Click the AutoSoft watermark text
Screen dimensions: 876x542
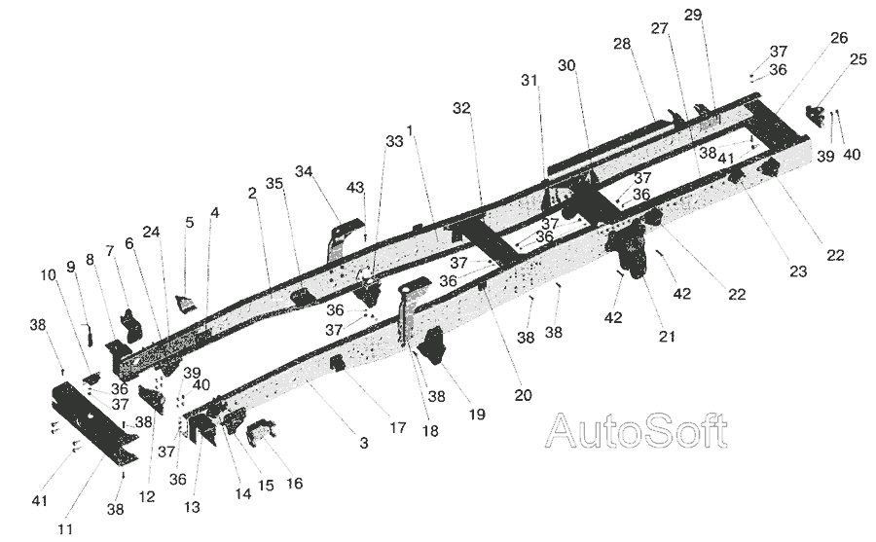click(x=637, y=431)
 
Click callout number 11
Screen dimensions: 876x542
click(x=65, y=528)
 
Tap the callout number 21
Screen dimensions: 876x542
click(x=667, y=336)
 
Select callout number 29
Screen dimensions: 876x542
click(x=693, y=15)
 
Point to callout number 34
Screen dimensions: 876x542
click(x=304, y=171)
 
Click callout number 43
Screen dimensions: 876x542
click(x=355, y=188)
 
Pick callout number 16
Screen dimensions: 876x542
click(x=294, y=483)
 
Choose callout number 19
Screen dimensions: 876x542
click(x=477, y=415)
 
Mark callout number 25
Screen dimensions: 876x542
click(x=858, y=58)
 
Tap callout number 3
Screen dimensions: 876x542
click(x=364, y=444)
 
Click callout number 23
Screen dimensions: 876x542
click(x=798, y=271)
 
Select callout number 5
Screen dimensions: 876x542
click(x=190, y=222)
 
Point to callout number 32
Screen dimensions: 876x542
click(x=461, y=108)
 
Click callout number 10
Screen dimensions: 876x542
click(x=48, y=275)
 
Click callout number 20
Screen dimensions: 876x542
click(x=523, y=395)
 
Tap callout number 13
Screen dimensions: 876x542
click(x=192, y=507)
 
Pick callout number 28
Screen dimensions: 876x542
click(x=622, y=44)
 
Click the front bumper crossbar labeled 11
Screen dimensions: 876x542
click(x=92, y=422)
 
